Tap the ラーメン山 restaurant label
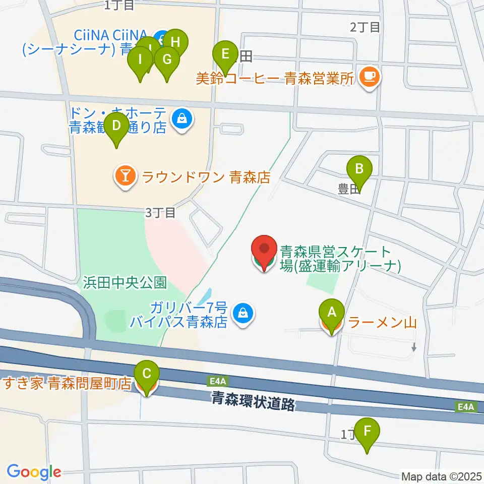pyautogui.click(x=383, y=322)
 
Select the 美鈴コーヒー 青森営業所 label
pyautogui.click(x=276, y=78)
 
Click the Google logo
pyautogui.click(x=34, y=472)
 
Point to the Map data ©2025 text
pyautogui.click(x=442, y=476)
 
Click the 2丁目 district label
pyautogui.click(x=365, y=27)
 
